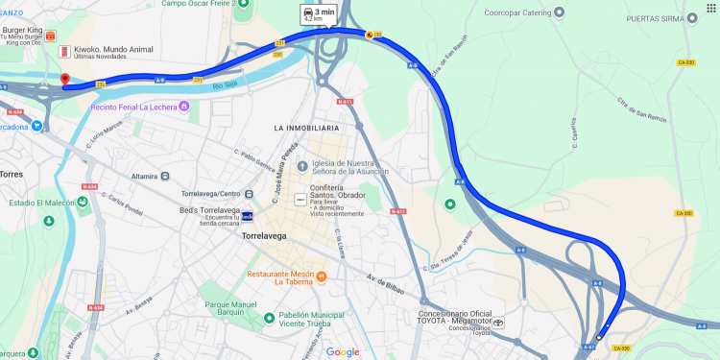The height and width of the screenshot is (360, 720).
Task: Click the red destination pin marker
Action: point(64,81)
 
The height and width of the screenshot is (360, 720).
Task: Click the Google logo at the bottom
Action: point(342,352)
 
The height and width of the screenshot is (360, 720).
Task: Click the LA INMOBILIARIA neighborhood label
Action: point(306,128)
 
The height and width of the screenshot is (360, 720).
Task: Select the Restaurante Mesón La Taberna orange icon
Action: point(322,277)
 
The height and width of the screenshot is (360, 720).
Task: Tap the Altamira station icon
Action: point(166,176)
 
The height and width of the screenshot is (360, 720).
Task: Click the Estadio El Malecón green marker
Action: point(83,202)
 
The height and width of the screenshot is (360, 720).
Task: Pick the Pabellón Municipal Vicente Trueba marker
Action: point(270,318)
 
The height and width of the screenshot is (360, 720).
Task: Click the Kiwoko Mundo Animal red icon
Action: point(64,50)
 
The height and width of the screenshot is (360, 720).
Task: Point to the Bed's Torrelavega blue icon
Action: point(247,216)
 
